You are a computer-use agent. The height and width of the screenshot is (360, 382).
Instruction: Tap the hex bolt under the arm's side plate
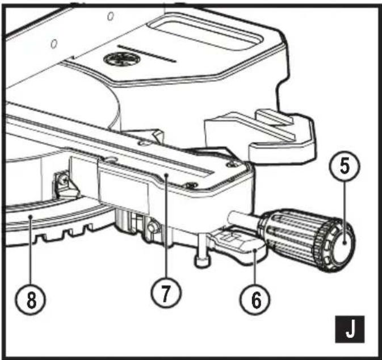point(152,228)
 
